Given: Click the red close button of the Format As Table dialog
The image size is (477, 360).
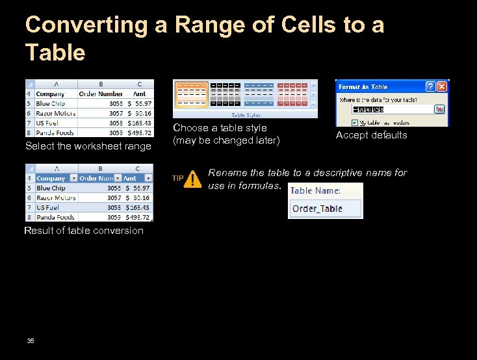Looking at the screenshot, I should [442, 86].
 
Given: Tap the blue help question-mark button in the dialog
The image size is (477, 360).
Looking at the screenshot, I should [430, 86].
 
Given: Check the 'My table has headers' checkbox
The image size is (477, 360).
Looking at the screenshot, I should [354, 122].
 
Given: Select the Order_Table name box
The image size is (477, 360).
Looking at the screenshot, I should [325, 209].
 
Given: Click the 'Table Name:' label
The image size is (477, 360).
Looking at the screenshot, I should [315, 190].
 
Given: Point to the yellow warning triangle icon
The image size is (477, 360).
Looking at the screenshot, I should [192, 180].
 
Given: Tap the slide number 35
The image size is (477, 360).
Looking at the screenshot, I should [31, 341].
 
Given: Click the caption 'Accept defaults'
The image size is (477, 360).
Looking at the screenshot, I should [371, 135].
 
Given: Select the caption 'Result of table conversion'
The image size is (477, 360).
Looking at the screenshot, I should [84, 231].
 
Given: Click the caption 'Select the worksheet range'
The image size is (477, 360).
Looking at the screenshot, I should [88, 146].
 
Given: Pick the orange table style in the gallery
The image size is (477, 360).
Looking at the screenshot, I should [192, 94].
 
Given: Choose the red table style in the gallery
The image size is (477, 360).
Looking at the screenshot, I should [292, 94].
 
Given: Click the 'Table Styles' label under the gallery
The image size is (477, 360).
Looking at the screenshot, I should [245, 115].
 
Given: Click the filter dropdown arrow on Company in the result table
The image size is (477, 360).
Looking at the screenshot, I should [73, 178].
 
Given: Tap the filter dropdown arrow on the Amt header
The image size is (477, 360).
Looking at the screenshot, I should [148, 178].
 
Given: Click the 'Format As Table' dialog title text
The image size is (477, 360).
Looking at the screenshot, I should [363, 86].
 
